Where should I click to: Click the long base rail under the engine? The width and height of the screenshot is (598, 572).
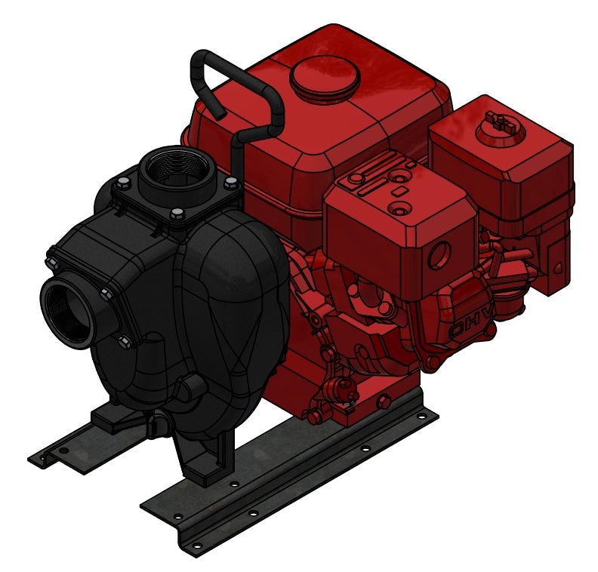(x=302, y=483)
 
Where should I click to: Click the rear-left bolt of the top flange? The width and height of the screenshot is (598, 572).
(x=122, y=181)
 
